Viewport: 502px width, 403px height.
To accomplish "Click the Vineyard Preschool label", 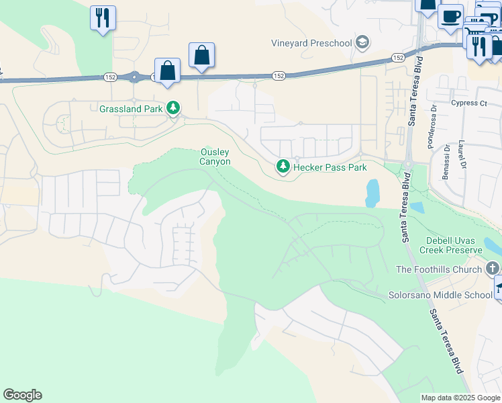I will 311,44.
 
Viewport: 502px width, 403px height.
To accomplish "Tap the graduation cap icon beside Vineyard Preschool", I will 362,43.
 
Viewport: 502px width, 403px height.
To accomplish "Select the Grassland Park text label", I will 132,108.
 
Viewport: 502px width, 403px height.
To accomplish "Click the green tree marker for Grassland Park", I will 174,107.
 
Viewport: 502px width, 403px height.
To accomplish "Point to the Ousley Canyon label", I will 215,157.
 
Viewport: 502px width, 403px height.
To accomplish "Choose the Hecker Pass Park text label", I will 330,167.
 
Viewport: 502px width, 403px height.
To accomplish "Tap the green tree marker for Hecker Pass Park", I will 283,166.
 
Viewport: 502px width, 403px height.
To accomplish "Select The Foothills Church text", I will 439,269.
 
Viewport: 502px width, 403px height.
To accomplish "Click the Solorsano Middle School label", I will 441,295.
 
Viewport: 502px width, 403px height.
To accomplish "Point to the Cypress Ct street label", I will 469,103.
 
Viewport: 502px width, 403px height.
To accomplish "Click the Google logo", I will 22,395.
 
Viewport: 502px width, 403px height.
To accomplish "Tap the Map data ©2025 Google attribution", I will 460,398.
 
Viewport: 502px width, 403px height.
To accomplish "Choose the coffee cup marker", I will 450,15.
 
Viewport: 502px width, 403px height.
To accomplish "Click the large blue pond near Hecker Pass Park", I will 372,193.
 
